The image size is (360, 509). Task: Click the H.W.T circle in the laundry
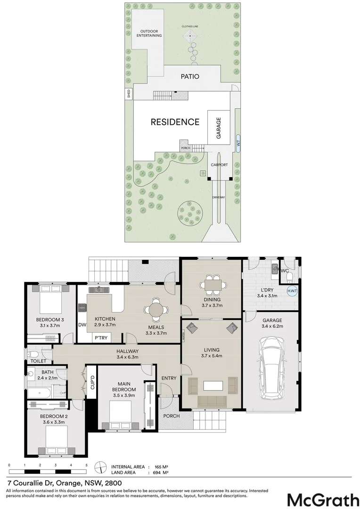click(x=292, y=291)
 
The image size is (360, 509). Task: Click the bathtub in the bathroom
click(x=39, y=393)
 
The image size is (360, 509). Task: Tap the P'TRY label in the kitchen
click(x=101, y=338)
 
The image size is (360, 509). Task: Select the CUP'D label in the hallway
click(x=92, y=382)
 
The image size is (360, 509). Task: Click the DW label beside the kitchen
click(x=82, y=325)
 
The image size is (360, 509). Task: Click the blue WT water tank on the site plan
click(x=238, y=143)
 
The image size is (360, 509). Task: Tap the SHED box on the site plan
click(x=129, y=94)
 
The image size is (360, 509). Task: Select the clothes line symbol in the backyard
click(x=190, y=36)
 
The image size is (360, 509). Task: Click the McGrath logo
click(x=323, y=500)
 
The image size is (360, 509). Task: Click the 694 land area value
click(x=156, y=473)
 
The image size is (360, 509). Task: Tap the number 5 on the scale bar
click(x=86, y=465)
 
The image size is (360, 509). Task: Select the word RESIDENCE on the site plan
click(x=175, y=122)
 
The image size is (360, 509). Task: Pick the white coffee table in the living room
click(x=213, y=386)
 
